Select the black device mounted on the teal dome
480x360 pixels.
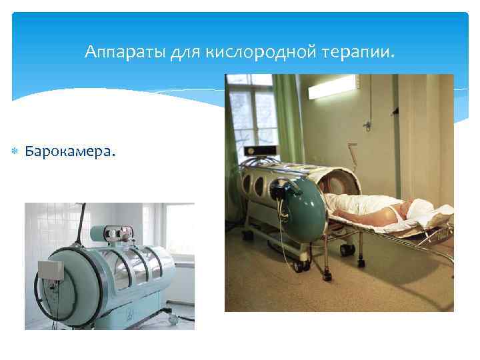[289, 190]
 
